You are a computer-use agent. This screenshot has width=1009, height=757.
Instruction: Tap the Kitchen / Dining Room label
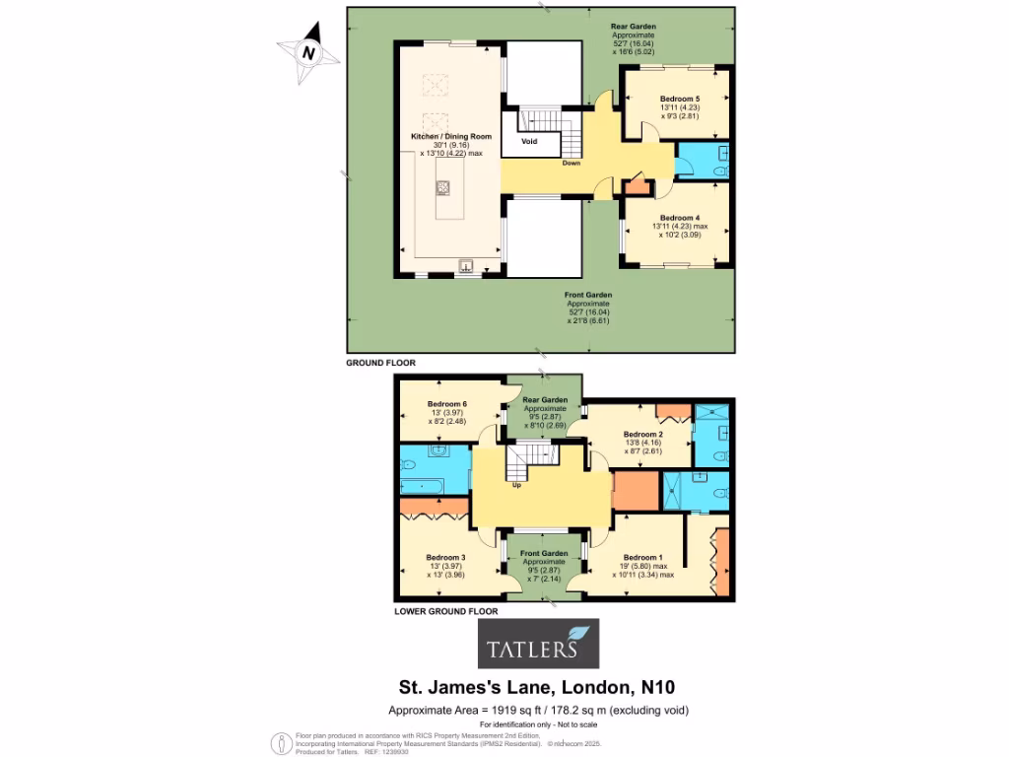[x=450, y=136]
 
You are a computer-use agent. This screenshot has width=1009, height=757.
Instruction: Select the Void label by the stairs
[x=529, y=141]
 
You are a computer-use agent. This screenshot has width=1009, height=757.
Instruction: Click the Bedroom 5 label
[x=680, y=100]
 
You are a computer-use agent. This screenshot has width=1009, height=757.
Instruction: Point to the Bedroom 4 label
[x=680, y=218]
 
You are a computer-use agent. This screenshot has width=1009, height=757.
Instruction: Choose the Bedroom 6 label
[x=446, y=404]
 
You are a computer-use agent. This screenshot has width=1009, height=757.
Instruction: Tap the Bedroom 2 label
[x=642, y=435]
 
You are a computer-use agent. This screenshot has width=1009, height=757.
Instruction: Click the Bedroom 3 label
[x=445, y=557]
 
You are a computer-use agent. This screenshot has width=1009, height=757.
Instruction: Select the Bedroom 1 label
[x=642, y=557]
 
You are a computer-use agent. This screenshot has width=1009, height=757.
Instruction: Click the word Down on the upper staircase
[x=571, y=164]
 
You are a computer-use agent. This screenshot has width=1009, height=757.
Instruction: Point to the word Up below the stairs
[x=515, y=485]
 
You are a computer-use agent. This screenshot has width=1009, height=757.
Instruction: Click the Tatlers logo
[x=538, y=645]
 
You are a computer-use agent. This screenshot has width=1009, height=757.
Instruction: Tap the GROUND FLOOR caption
[x=380, y=363]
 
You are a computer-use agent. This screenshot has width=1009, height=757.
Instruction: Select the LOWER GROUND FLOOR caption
[x=445, y=611]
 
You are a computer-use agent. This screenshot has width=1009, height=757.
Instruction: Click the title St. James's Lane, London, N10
[x=537, y=687]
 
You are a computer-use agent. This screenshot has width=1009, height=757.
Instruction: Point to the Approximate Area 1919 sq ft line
[x=537, y=710]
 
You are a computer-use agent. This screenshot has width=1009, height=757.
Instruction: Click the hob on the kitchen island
[x=443, y=186]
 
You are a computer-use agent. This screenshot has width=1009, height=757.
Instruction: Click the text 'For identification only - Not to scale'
[x=537, y=725]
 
